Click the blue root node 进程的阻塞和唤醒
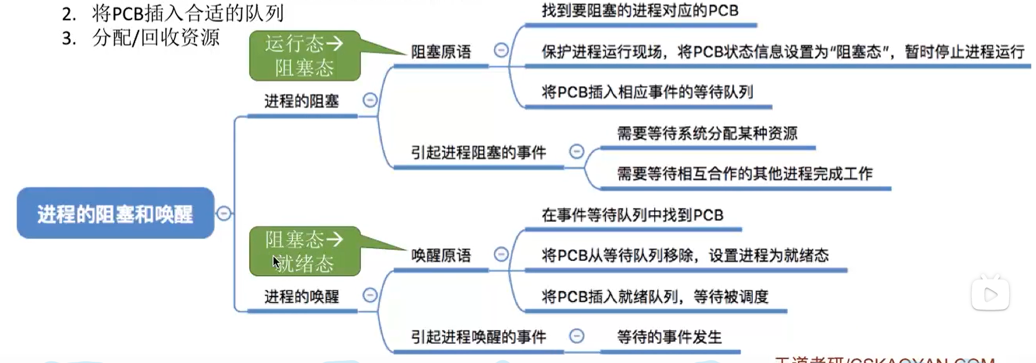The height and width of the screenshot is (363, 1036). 115,213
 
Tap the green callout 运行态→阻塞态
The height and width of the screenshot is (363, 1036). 304,56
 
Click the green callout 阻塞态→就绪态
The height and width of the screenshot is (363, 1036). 304,251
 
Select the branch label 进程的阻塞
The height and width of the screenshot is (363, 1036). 301,101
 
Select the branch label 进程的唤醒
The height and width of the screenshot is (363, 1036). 301,297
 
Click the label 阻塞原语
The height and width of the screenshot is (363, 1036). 441,52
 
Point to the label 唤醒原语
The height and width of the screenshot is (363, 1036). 441,256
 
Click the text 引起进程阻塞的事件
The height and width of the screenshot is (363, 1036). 478,152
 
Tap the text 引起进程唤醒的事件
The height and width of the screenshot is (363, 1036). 478,337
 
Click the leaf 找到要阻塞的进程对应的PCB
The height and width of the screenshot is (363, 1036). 640,11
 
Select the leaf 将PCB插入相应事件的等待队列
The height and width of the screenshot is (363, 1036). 647,92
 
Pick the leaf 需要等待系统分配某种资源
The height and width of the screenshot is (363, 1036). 707,133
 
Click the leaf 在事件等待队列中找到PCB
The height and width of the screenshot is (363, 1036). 632,215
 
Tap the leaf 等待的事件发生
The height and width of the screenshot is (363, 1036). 669,337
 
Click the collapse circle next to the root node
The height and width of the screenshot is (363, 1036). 224,213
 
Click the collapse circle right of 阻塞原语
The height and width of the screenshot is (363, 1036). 501,51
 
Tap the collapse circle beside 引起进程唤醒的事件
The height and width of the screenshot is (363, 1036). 577,336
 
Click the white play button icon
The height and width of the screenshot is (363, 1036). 990,295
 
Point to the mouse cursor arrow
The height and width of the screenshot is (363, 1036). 276,261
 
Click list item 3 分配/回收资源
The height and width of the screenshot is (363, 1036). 142,38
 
